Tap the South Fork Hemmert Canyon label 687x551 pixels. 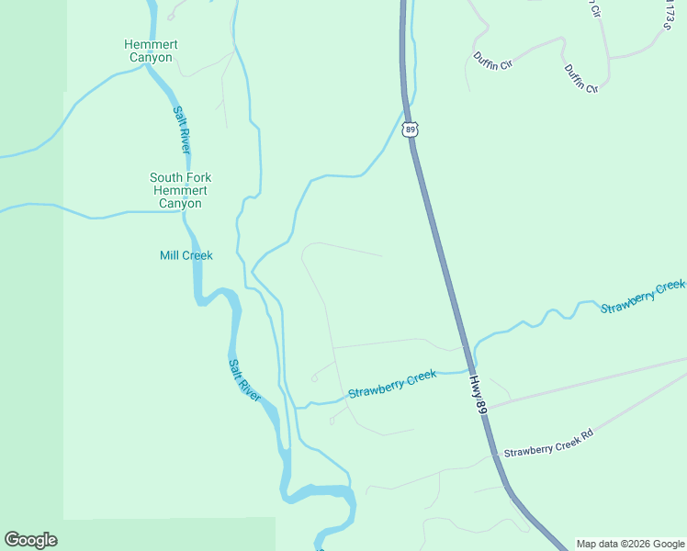tap(180, 190)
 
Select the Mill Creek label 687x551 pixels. tap(186, 255)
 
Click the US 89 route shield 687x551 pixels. tap(411, 129)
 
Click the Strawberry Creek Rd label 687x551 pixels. tap(548, 452)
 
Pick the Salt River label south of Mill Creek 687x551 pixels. tap(245, 377)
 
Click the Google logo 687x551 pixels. tap(30, 540)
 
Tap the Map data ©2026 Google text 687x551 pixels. tap(630, 544)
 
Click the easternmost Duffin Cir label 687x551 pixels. tap(581, 79)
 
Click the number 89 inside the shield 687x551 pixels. tap(411, 130)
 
